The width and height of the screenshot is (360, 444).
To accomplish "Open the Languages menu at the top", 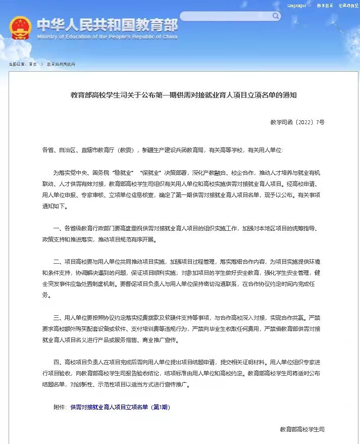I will click(297, 6).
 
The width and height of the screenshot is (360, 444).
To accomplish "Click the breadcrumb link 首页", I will click(33, 64).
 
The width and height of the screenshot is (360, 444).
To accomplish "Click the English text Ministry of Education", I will click(107, 36).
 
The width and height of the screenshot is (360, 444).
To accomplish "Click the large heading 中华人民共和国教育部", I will click(107, 24).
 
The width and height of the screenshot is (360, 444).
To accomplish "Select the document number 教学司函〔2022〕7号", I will click(298, 123).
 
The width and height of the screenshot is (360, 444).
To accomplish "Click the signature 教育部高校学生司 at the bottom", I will click(302, 429).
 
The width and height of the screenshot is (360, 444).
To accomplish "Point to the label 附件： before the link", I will click(60, 407).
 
